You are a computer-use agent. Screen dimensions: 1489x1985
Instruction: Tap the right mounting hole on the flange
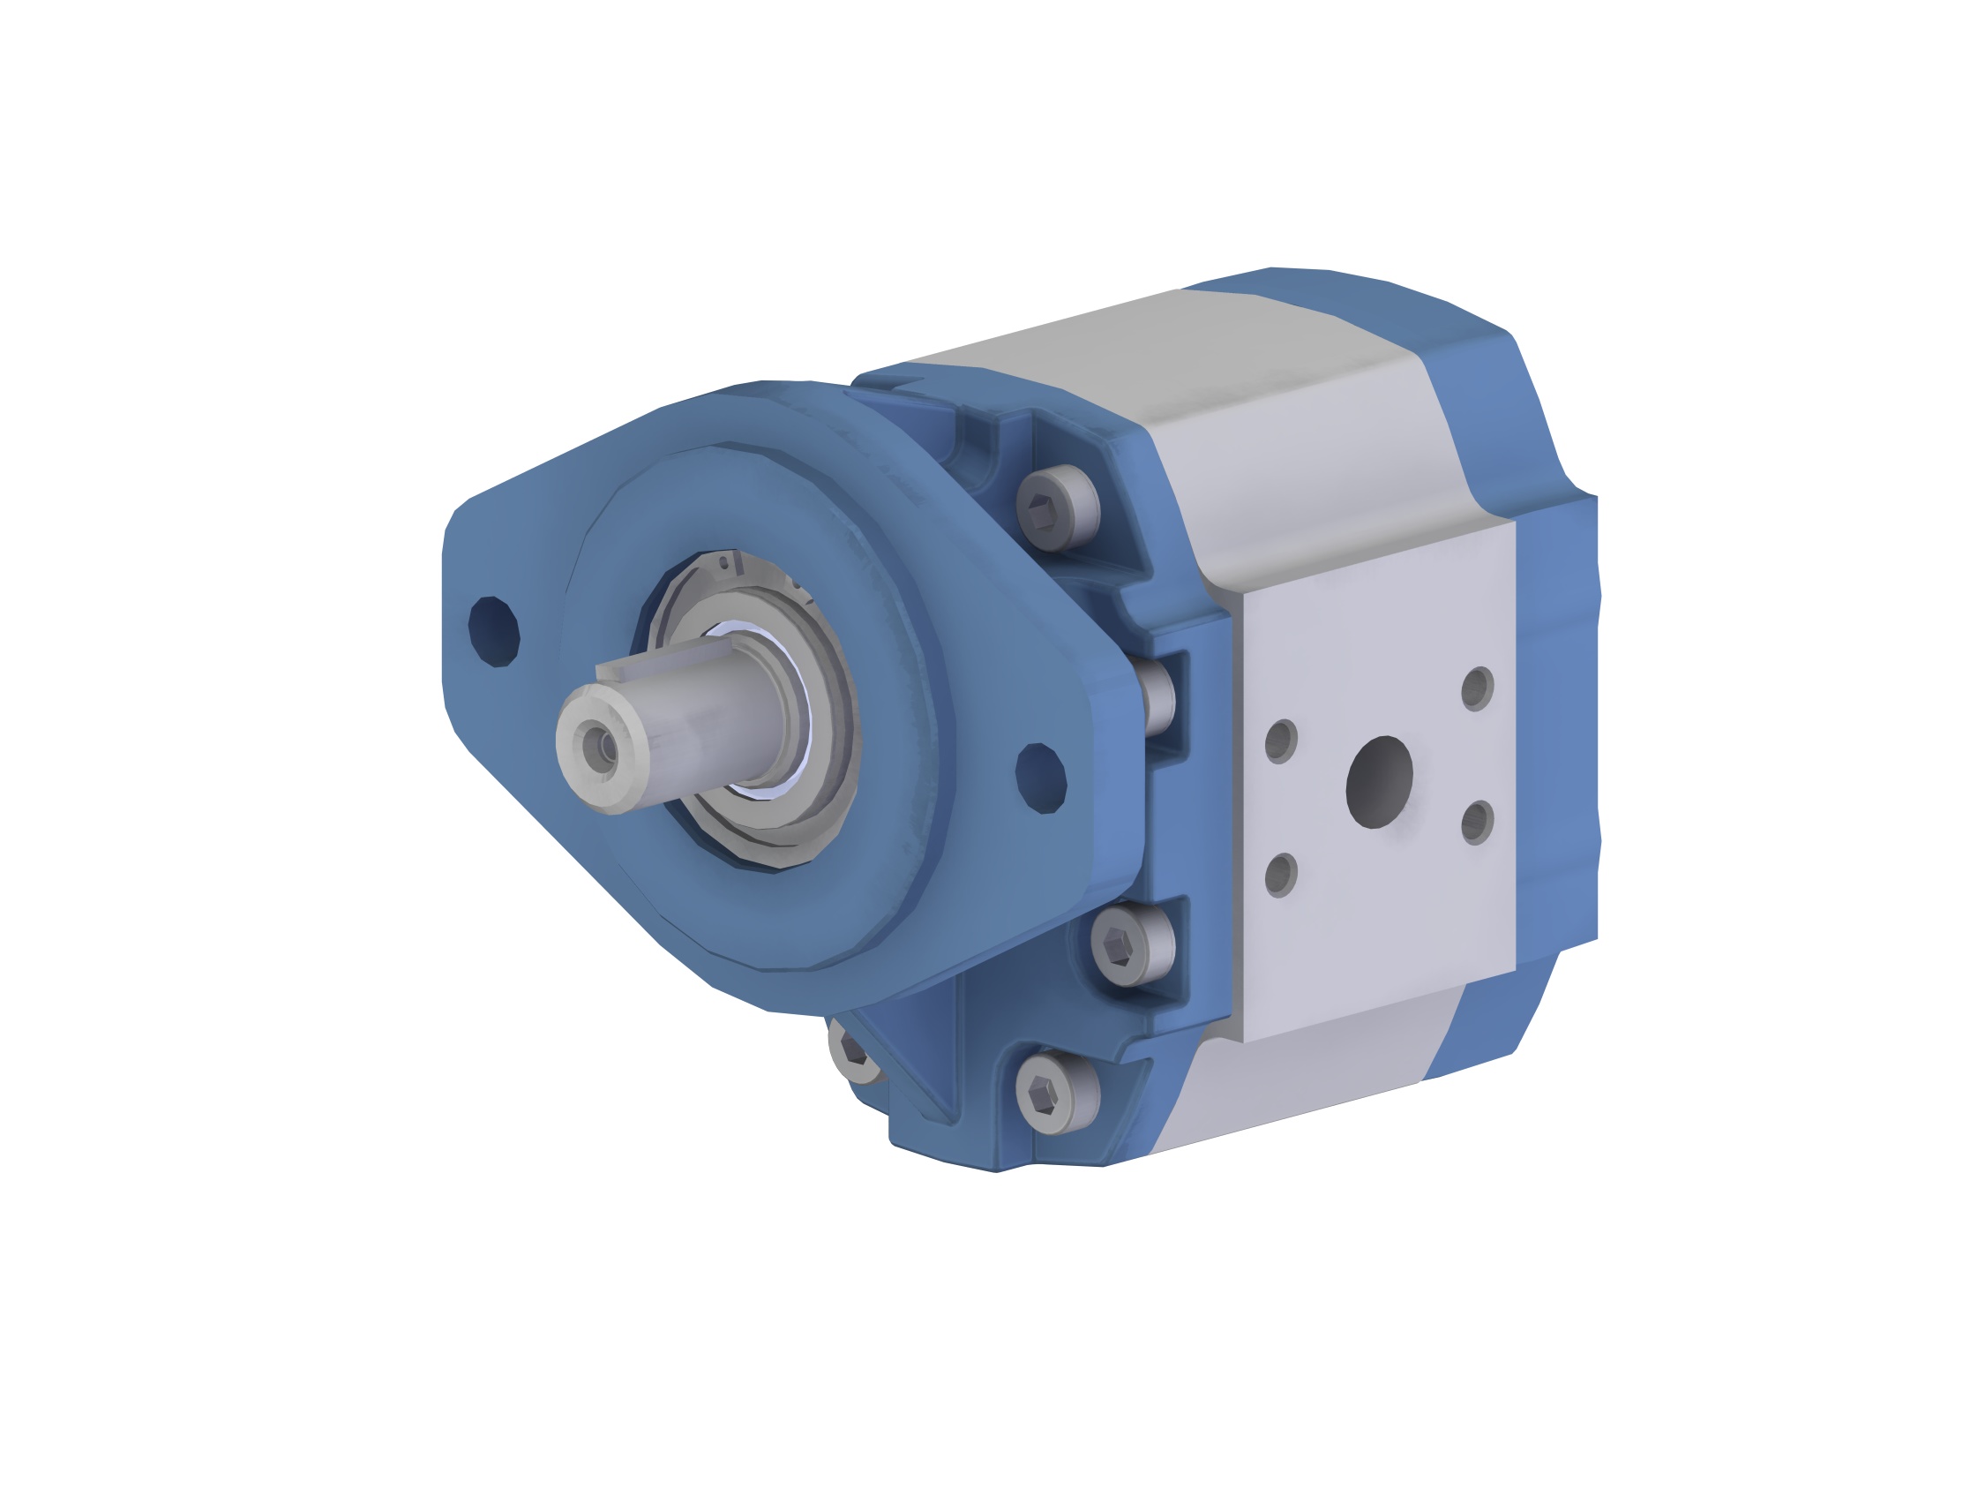(x=1041, y=778)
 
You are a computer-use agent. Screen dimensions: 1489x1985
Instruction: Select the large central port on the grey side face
(x=1379, y=782)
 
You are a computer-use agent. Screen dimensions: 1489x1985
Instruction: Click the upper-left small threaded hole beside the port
(x=1281, y=741)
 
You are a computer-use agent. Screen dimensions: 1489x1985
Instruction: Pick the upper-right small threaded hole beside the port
(x=1476, y=688)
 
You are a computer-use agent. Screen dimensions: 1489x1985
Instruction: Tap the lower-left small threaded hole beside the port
(x=1282, y=874)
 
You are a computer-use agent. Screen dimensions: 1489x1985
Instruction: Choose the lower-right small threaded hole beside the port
(x=1476, y=822)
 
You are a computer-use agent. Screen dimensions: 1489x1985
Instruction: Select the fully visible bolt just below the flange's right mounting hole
(x=1132, y=945)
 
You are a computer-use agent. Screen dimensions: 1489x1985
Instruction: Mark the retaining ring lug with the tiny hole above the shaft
(x=724, y=563)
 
